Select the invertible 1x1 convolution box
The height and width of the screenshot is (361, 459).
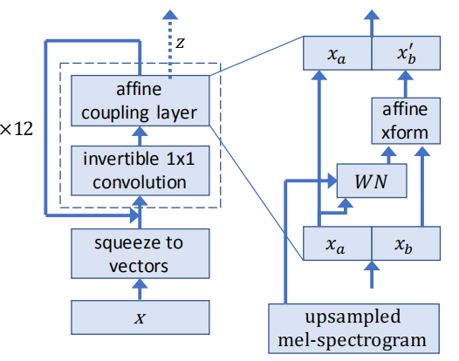pos(139,170)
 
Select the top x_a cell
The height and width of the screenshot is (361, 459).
pos(337,54)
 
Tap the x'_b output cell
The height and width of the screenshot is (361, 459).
pos(406,54)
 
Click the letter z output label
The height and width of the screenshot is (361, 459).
pos(180,41)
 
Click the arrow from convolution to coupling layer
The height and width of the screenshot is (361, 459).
pos(139,134)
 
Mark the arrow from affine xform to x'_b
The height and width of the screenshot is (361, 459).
pos(406,85)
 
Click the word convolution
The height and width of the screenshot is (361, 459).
pos(139,182)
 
